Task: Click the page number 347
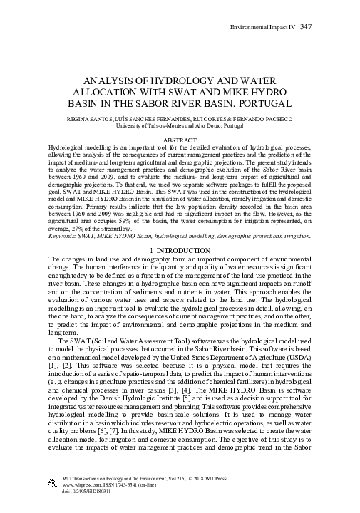click(x=306, y=26)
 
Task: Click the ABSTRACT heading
click(x=180, y=140)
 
